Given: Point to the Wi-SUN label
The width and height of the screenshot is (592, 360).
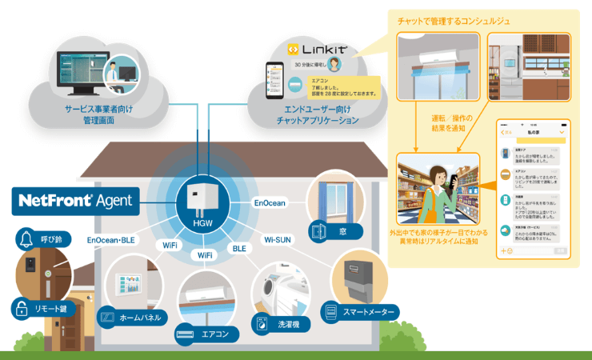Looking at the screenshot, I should click(279, 238).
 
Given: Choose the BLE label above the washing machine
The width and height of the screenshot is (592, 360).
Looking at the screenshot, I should click(238, 249).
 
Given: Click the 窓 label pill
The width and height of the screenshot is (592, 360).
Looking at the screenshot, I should click(337, 230).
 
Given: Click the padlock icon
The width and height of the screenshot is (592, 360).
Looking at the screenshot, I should click(20, 307).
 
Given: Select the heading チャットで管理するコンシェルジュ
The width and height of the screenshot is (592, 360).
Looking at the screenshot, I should click(460, 19).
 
